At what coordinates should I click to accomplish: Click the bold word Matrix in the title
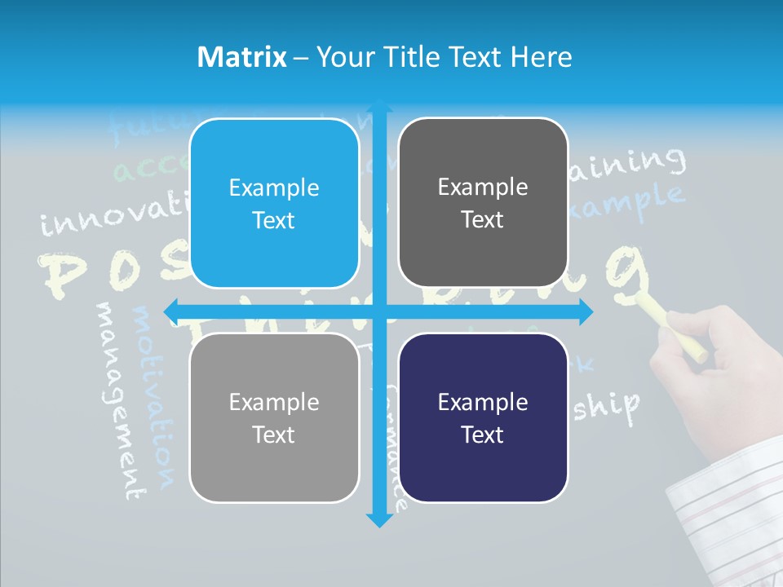(242, 57)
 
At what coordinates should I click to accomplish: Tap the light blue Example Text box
(274, 204)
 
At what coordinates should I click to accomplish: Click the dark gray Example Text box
(483, 203)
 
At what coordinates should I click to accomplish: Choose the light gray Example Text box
(274, 418)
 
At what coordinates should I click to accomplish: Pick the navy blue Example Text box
(483, 418)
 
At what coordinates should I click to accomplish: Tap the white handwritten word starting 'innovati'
(114, 212)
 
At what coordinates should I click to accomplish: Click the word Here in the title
(541, 57)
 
